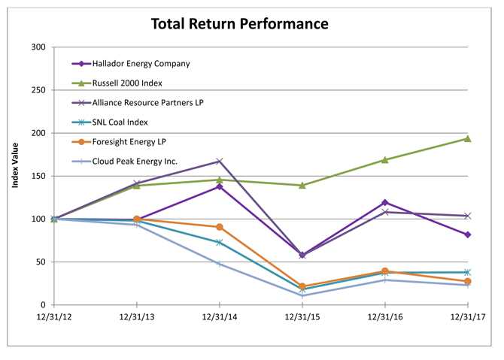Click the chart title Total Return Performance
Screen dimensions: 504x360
point(240,24)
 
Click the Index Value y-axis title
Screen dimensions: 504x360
point(15,165)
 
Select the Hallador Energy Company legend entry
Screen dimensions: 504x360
point(131,64)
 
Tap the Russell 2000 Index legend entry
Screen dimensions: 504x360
point(117,83)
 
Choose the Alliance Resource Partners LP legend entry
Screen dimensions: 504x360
point(138,103)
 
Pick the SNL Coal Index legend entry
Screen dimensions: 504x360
point(110,123)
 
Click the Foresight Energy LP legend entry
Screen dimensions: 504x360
point(119,142)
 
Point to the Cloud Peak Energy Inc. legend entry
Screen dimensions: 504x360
point(125,162)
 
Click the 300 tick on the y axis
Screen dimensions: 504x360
point(38,47)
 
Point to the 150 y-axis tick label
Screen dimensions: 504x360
point(38,177)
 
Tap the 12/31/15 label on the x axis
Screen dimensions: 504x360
point(302,317)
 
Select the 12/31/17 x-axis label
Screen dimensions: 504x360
point(468,317)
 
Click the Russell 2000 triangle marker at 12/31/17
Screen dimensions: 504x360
point(468,138)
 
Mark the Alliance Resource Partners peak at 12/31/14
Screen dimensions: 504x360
point(219,161)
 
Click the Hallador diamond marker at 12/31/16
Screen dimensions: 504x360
point(385,202)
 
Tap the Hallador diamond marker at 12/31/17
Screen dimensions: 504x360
point(468,234)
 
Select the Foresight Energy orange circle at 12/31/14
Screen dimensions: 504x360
point(219,227)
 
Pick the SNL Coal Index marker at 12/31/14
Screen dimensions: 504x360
point(219,242)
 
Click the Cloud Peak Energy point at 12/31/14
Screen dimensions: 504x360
point(219,264)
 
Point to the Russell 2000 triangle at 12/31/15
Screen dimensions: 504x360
point(302,186)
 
